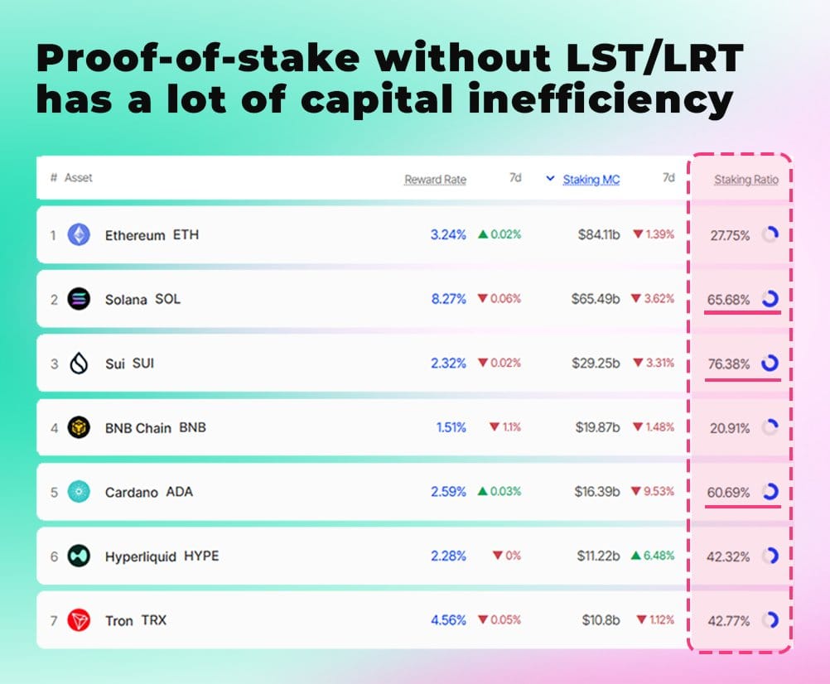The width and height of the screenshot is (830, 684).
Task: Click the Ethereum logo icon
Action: (79, 234)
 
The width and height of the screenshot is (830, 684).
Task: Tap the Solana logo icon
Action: (79, 299)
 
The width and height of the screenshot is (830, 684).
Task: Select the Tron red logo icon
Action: (79, 620)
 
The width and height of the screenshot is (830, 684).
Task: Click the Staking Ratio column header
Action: (746, 180)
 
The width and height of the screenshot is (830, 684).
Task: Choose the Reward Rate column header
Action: (435, 180)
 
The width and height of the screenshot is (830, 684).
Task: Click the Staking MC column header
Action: (591, 180)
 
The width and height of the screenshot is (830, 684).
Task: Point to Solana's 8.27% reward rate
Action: (448, 299)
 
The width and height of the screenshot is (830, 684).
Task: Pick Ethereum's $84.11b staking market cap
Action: (599, 234)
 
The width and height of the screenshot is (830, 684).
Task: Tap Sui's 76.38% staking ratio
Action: (729, 364)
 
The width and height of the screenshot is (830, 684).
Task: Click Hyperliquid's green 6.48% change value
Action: (659, 556)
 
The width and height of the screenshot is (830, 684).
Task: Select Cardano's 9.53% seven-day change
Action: (659, 491)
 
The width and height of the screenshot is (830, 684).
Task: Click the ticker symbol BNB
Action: (192, 427)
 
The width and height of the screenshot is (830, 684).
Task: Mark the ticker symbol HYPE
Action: (201, 556)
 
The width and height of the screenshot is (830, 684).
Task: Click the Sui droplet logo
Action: (79, 364)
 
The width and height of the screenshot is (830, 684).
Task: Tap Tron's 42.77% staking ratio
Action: (729, 620)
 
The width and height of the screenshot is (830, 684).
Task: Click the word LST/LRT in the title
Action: (654, 58)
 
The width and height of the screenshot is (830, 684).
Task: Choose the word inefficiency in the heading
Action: (601, 100)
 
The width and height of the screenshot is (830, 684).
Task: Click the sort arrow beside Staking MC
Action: (551, 178)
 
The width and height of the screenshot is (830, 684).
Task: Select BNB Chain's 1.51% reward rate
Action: (451, 427)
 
